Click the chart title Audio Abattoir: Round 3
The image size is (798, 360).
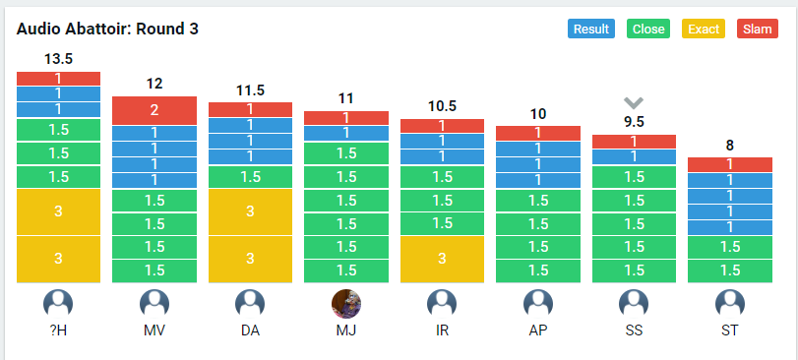pyautogui.click(x=107, y=29)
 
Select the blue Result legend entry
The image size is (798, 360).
pyautogui.click(x=590, y=29)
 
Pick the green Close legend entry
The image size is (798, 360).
pyautogui.click(x=647, y=29)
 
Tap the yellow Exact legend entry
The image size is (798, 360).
pyautogui.click(x=704, y=29)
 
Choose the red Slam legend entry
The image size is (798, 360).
pyautogui.click(x=758, y=29)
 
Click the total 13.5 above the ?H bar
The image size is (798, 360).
pyautogui.click(x=58, y=59)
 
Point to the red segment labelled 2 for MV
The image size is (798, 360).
pyautogui.click(x=154, y=110)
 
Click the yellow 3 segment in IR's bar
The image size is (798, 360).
pyautogui.click(x=442, y=259)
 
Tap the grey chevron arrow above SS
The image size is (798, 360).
pyautogui.click(x=634, y=103)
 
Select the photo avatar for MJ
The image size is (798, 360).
pyautogui.click(x=346, y=304)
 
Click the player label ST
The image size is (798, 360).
pyautogui.click(x=730, y=330)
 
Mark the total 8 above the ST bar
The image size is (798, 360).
pyautogui.click(x=730, y=146)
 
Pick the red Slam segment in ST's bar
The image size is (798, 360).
pyautogui.click(x=730, y=164)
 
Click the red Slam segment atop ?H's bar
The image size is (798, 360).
pyautogui.click(x=58, y=79)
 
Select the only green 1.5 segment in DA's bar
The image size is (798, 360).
pyautogui.click(x=250, y=176)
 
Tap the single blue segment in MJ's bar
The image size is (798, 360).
pyautogui.click(x=346, y=133)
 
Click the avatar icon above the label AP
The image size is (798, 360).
pyautogui.click(x=538, y=304)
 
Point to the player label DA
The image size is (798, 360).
pyautogui.click(x=250, y=330)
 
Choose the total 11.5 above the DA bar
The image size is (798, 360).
pyautogui.click(x=250, y=90)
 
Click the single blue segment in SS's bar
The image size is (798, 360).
pyautogui.click(x=634, y=156)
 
